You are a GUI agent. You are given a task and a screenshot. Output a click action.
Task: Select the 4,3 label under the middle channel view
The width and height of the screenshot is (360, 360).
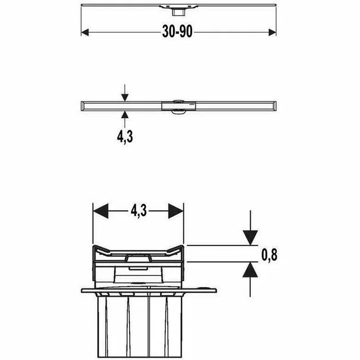125,136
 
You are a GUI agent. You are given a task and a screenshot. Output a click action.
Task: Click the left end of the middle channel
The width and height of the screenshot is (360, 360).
84,105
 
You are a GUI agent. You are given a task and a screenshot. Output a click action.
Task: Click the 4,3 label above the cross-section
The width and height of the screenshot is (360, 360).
138,211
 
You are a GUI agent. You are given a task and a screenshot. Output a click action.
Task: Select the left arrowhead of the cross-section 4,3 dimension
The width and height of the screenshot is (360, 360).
99,211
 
